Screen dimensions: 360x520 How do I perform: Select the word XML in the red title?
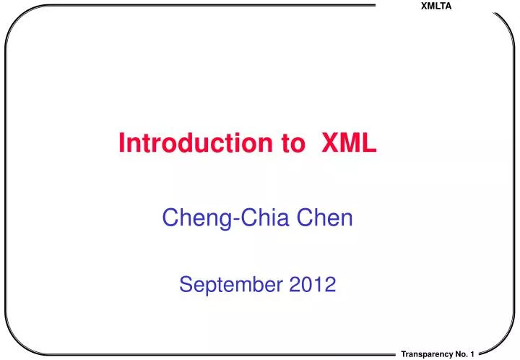[348, 144]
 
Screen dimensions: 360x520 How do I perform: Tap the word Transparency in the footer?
[426, 353]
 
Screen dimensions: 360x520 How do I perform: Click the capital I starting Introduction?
[121, 144]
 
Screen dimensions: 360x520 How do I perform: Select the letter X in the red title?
[329, 144]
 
